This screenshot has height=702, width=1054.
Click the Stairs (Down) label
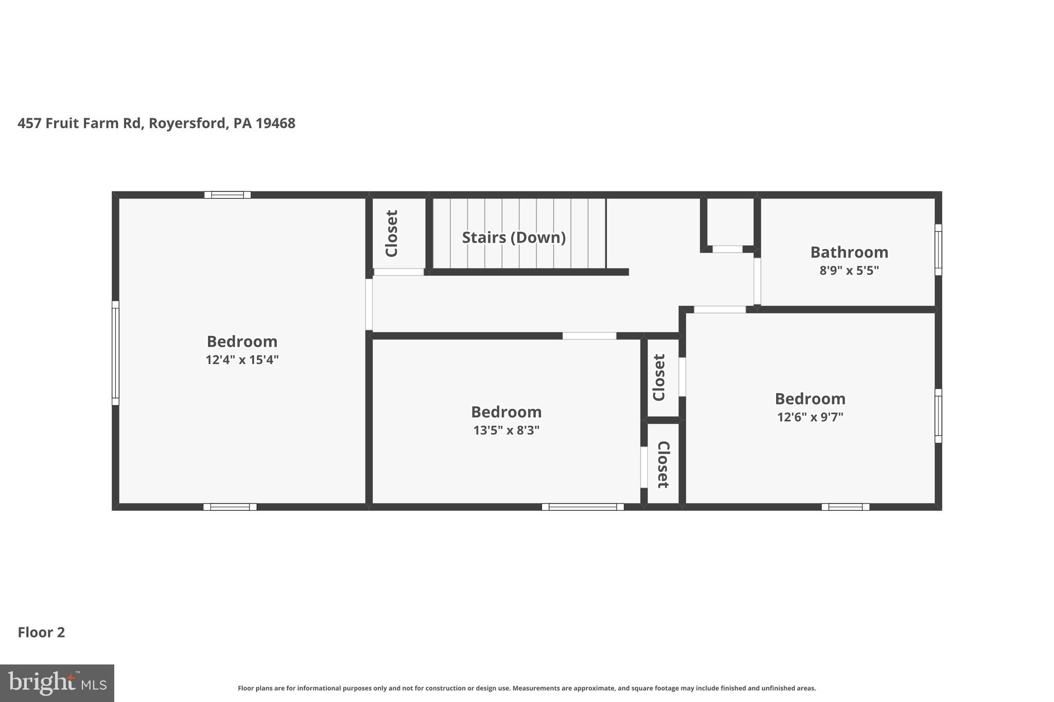tap(514, 237)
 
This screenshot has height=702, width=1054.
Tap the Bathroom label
tap(849, 252)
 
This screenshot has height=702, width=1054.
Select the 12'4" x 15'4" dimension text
tap(242, 359)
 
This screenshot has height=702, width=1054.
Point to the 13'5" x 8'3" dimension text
tap(506, 430)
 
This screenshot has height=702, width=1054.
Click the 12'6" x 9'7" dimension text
tap(810, 417)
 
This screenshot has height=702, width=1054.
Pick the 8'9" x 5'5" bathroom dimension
tap(849, 270)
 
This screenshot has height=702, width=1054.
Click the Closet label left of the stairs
tap(392, 233)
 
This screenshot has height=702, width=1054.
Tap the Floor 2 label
tap(41, 632)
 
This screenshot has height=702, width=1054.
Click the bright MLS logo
tap(57, 683)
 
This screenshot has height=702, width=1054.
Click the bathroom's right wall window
tap(938, 249)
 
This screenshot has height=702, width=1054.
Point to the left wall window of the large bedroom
tap(115, 353)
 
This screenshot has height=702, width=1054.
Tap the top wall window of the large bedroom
tap(227, 195)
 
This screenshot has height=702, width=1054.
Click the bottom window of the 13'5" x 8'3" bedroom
tap(583, 507)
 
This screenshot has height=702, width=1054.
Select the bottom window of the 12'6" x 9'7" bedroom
tap(845, 507)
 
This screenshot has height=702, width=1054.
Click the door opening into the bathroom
tap(757, 281)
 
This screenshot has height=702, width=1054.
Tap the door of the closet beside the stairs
tap(398, 272)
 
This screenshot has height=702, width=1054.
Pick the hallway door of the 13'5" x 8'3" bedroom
tap(589, 336)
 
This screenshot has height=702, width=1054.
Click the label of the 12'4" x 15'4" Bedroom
tap(242, 341)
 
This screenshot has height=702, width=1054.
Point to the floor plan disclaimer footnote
tap(526, 688)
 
